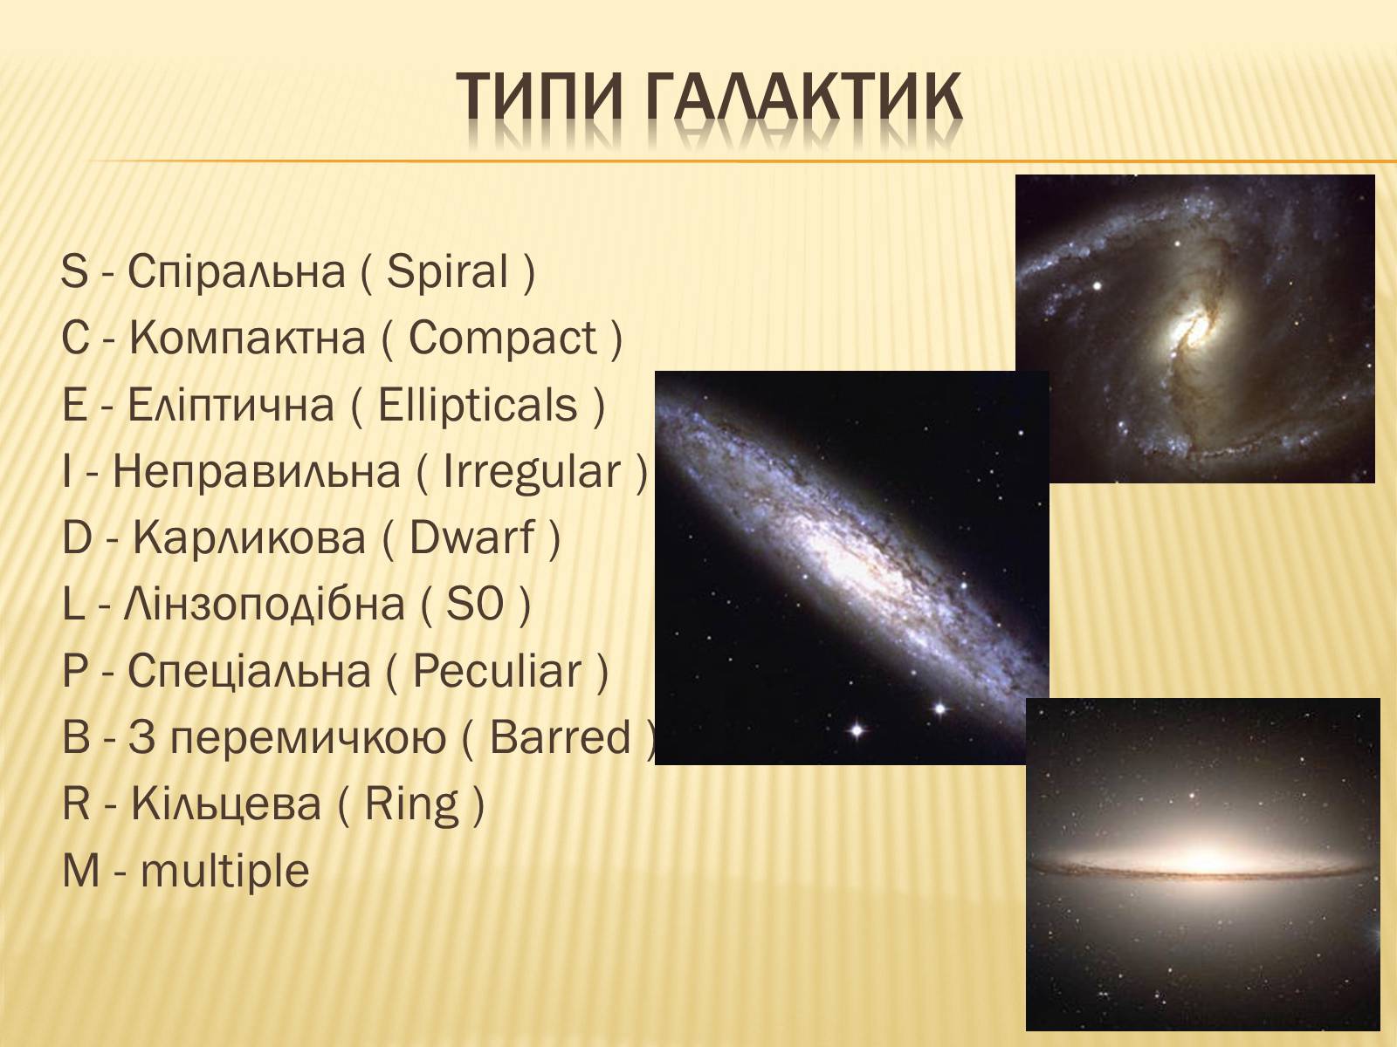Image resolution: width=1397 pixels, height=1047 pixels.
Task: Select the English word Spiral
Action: click(x=447, y=271)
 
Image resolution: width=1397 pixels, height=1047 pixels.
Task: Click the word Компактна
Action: click(x=248, y=338)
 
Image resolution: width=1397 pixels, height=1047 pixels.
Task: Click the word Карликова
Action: click(x=250, y=537)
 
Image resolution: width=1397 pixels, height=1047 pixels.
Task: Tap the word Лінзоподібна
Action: click(x=265, y=604)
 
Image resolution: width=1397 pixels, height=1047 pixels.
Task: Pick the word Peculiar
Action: click(x=497, y=671)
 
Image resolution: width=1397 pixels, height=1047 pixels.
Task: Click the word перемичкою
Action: click(x=308, y=739)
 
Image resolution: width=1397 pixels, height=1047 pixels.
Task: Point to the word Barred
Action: click(x=560, y=737)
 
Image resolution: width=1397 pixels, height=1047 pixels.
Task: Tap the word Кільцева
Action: click(x=226, y=804)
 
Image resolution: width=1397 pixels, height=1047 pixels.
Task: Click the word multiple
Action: click(x=225, y=872)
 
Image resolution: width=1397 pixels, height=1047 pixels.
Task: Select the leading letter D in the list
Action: click(x=76, y=537)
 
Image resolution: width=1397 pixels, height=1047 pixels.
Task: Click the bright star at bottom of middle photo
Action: click(x=857, y=729)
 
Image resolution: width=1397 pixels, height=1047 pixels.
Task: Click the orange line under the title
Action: click(x=742, y=161)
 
